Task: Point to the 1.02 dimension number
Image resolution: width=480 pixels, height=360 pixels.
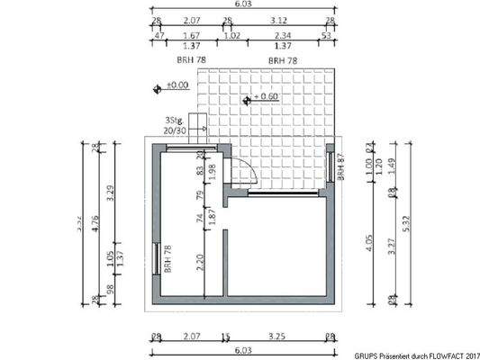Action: (x=231, y=36)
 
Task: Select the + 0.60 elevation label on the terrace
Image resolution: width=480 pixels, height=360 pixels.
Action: (x=267, y=95)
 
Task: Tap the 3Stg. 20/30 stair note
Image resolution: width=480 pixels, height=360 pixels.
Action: (x=176, y=125)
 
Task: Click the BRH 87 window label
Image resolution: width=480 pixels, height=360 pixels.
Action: (x=340, y=166)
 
